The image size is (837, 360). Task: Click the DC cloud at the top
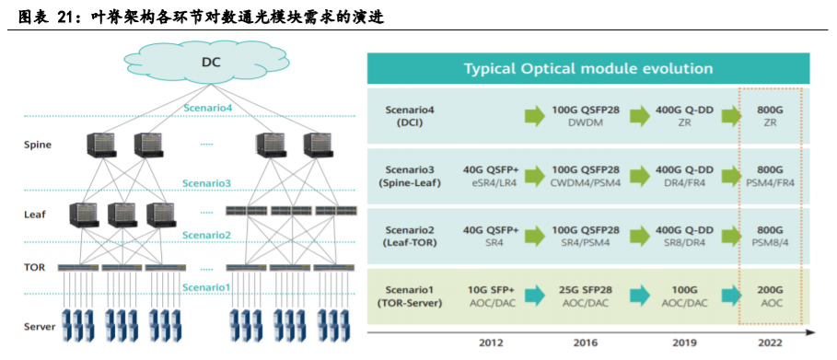coord(211,63)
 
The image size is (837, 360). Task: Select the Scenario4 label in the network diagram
coord(208,108)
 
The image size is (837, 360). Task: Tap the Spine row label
coord(38,145)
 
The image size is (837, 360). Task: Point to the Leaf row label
coord(35,215)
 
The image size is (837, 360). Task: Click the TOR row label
coord(34,267)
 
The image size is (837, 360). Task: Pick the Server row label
coord(40,326)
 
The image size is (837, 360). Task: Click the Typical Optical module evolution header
coord(588,68)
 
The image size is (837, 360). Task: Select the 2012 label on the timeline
coord(491,343)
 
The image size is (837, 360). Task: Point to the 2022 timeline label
coord(769,343)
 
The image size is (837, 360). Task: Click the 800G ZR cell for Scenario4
coord(770,117)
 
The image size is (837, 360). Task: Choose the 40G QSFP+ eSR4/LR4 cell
coord(491,176)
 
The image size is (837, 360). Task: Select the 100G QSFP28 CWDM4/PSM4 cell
coord(585,176)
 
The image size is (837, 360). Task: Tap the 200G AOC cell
coord(770,296)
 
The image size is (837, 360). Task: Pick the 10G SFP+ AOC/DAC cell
coord(491,296)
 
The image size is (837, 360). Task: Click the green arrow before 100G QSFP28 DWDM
coord(535,116)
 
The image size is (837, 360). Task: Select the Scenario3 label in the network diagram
coord(206,183)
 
